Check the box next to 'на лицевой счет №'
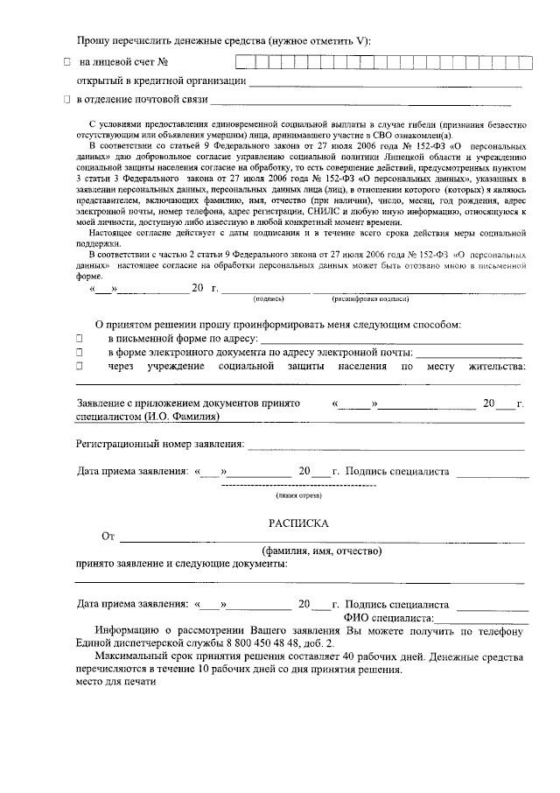tap(66, 62)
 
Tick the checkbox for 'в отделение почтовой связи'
tap(66, 101)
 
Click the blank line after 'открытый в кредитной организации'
tap(385, 84)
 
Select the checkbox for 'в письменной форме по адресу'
tap(79, 337)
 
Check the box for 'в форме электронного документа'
tap(79, 352)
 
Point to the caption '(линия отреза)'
tap(299, 495)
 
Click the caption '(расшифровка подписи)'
tap(369, 299)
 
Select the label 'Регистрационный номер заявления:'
tap(160, 445)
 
